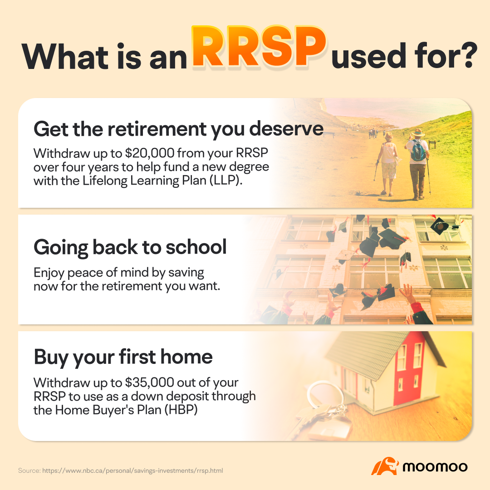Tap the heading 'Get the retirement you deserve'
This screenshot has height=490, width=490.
pyautogui.click(x=178, y=129)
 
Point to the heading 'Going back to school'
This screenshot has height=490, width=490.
pyautogui.click(x=130, y=247)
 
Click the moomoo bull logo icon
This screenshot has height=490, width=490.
pyautogui.click(x=385, y=466)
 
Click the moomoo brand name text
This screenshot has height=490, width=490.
pyautogui.click(x=436, y=466)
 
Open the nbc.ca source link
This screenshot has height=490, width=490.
pyautogui.click(x=132, y=471)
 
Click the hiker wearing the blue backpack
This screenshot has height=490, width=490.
pyautogui.click(x=417, y=163)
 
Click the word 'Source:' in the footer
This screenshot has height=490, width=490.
pyautogui.click(x=29, y=471)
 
